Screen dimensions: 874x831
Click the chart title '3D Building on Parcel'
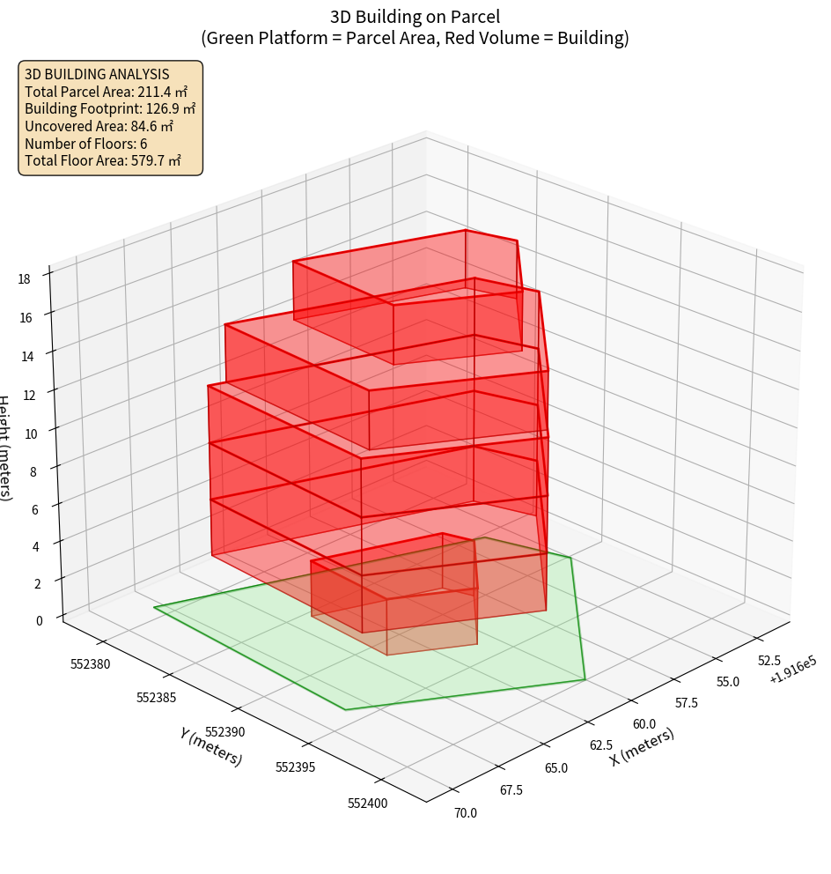pos(415,16)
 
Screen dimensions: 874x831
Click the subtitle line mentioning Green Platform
pos(415,38)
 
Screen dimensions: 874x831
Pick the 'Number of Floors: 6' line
pos(86,144)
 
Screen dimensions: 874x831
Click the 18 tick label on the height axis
pos(24,279)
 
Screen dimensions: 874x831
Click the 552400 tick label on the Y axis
pos(366,803)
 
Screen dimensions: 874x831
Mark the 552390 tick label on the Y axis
pos(224,732)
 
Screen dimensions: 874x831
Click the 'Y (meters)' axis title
pos(211,746)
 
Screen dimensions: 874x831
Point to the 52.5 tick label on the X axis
pos(768,660)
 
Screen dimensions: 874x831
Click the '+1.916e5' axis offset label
pos(792,676)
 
